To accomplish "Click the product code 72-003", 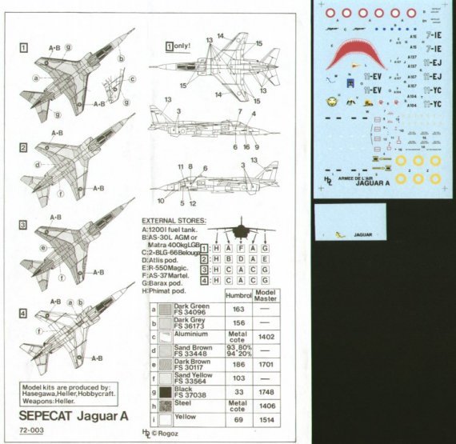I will pos(34,433).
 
